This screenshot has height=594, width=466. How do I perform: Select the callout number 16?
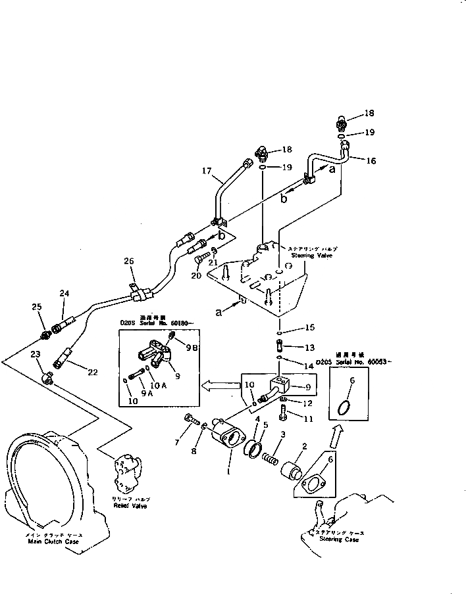pyautogui.click(x=372, y=160)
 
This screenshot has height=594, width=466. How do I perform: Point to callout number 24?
pyautogui.click(x=64, y=293)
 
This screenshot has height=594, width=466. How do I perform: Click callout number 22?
pyautogui.click(x=93, y=372)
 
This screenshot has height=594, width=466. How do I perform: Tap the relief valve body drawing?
pyautogui.click(x=127, y=475)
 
